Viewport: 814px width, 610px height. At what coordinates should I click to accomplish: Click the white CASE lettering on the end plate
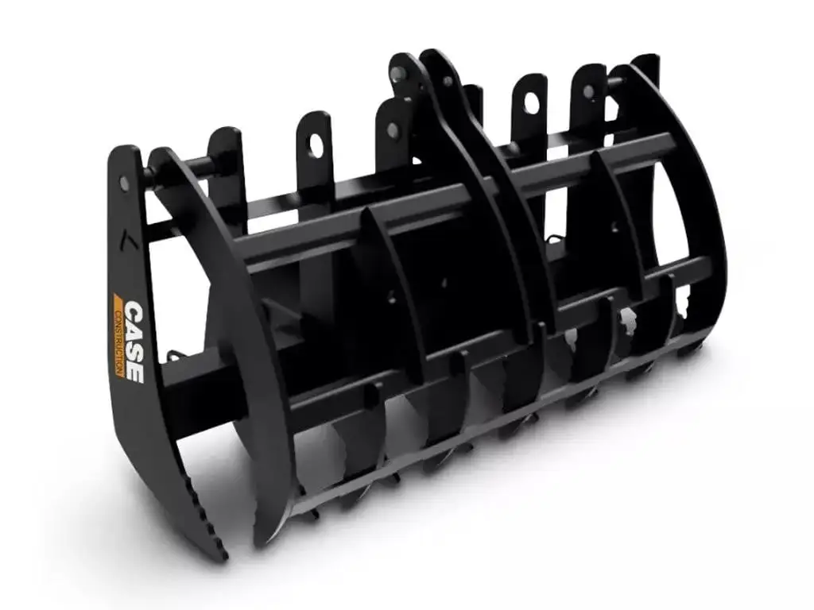[134, 342]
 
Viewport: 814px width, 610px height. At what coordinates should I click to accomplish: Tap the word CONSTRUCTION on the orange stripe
[119, 342]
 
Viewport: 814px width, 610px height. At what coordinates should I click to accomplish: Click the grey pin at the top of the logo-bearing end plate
[124, 183]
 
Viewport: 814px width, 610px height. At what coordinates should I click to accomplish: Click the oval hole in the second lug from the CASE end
[316, 146]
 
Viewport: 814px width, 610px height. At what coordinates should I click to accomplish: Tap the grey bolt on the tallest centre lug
[398, 72]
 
